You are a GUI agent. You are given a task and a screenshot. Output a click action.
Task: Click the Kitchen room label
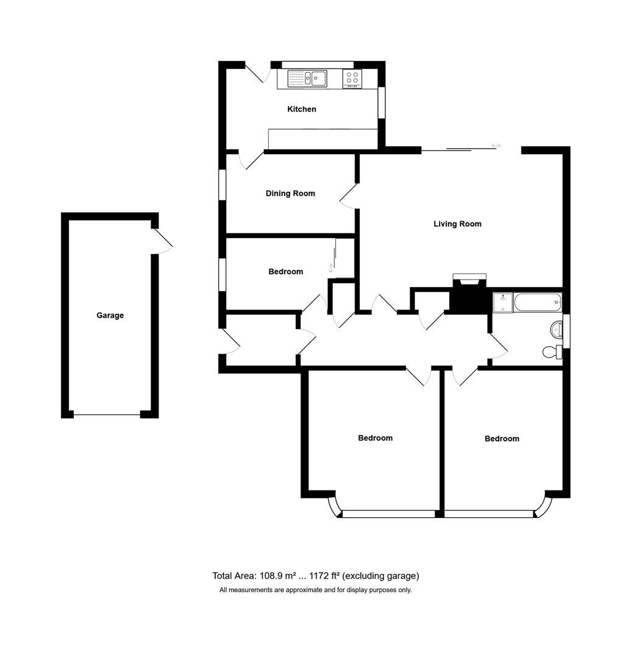(x=302, y=109)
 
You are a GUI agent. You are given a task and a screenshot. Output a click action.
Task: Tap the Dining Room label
(x=290, y=193)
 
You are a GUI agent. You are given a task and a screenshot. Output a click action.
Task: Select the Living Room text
(x=457, y=224)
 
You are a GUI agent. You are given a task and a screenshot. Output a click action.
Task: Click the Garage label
(x=110, y=315)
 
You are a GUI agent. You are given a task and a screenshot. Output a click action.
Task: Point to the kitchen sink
(x=308, y=78)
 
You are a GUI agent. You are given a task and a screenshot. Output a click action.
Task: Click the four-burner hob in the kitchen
(x=352, y=78)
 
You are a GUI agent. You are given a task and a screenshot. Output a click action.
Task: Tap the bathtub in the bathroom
(x=537, y=302)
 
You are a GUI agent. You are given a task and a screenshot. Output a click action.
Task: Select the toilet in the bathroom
(x=551, y=352)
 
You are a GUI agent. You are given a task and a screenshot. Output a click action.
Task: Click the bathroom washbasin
(x=557, y=330)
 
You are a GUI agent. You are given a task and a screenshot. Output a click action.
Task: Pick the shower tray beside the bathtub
(x=503, y=302)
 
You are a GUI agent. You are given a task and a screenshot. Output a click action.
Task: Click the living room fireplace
(x=469, y=295)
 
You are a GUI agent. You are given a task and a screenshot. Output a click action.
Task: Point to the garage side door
(x=162, y=242)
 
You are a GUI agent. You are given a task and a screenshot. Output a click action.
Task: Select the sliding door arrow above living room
(x=496, y=146)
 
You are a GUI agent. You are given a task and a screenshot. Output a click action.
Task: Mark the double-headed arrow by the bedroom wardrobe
(x=331, y=267)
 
